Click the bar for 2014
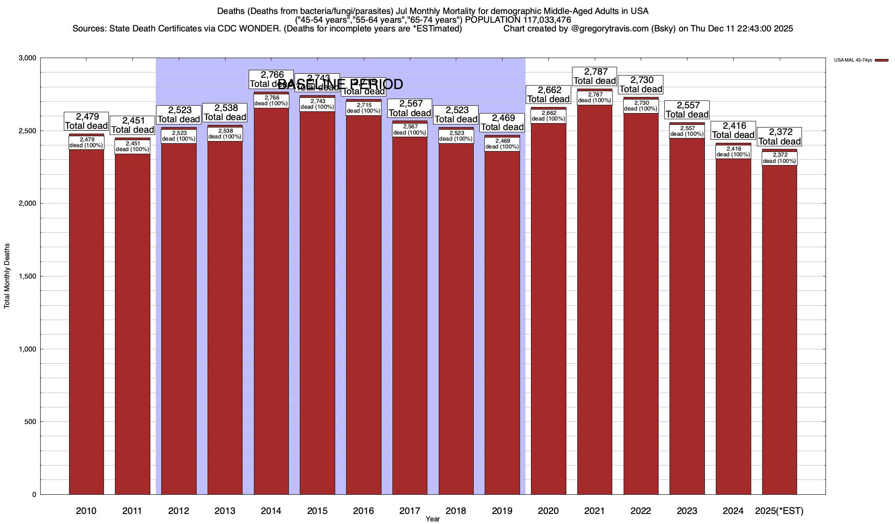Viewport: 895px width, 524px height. (x=271, y=301)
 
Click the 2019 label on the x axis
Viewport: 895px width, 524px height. (x=502, y=510)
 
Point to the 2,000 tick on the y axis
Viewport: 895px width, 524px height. (x=27, y=203)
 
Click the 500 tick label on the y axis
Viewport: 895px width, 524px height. (x=31, y=422)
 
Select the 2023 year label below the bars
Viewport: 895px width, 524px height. (x=687, y=510)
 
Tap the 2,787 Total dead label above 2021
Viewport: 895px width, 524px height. (x=594, y=76)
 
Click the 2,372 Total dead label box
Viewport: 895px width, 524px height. (x=779, y=137)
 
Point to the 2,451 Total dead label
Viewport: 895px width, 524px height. (x=132, y=125)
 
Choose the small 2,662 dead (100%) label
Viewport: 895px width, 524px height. (x=548, y=116)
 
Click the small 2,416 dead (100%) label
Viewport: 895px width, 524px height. (x=733, y=152)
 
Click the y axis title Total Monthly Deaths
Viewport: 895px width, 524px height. (x=7, y=276)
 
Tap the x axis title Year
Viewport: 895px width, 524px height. (x=433, y=519)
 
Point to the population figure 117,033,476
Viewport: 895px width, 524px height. (x=547, y=20)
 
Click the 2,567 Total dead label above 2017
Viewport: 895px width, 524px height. (x=409, y=108)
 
